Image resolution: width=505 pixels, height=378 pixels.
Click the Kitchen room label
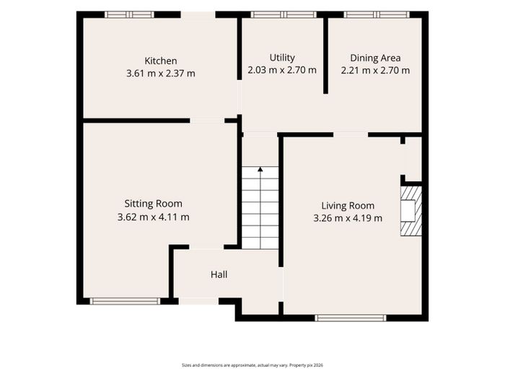pos(161,60)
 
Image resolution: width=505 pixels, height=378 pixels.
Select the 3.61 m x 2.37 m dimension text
pos(161,73)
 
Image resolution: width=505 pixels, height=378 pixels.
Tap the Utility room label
pos(282,58)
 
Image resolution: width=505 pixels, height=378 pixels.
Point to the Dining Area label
pos(375,58)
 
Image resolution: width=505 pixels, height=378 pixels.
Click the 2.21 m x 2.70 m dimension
pos(375,70)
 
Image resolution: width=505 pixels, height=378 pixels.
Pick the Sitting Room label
pos(153,204)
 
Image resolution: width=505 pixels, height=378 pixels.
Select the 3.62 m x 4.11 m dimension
pos(153,217)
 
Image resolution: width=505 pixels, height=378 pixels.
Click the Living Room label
pos(348,206)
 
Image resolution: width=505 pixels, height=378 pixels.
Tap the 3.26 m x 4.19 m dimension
pos(348,218)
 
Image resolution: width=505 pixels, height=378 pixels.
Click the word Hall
pos(219,274)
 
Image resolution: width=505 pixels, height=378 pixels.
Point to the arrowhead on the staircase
pos(260,169)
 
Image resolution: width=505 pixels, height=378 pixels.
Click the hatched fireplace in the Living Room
pos(411,211)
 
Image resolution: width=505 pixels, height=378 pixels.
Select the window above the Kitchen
pos(129,14)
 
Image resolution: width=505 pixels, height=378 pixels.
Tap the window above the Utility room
pos(284,14)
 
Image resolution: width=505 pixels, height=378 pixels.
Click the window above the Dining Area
pos(377,14)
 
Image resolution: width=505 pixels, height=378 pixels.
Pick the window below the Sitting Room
pos(125,301)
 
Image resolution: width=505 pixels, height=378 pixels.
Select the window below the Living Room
pos(351,318)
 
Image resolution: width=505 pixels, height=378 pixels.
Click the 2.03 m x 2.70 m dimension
pos(282,70)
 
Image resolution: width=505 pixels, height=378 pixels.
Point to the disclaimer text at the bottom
pos(252,365)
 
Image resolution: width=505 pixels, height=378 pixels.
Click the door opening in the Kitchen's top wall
pos(198,14)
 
